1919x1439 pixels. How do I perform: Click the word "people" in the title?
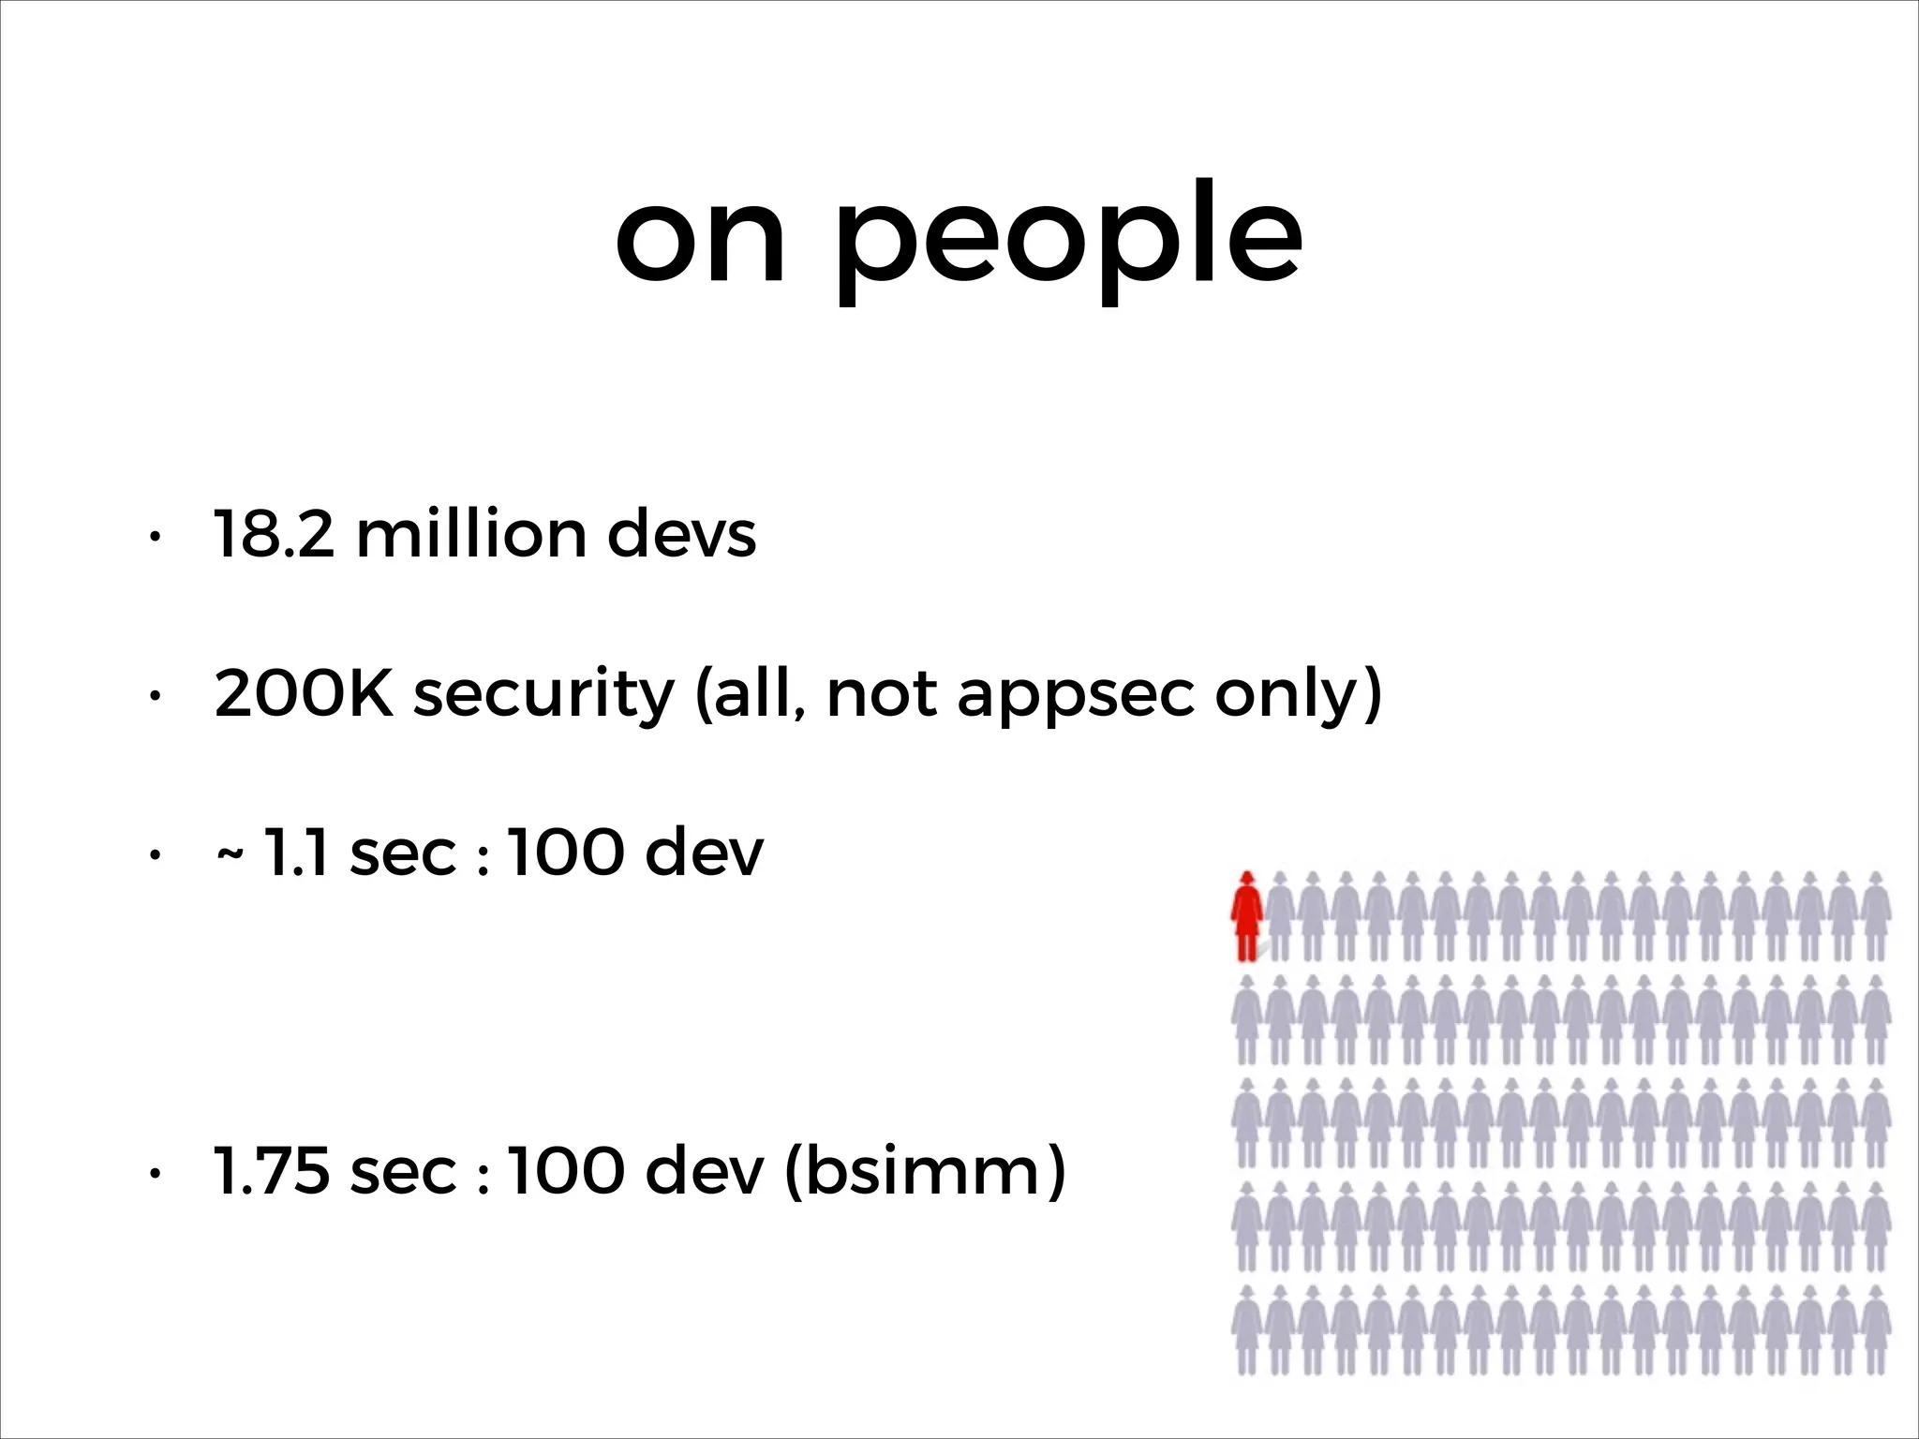coord(1069,240)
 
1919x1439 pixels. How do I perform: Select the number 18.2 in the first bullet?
coord(274,535)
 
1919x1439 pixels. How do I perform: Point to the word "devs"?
coord(681,535)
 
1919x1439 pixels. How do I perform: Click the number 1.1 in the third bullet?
coord(294,853)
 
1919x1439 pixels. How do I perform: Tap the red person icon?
coord(1246,916)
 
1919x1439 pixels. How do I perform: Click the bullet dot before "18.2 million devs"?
coord(155,537)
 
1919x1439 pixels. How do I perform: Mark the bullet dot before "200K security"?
coord(155,696)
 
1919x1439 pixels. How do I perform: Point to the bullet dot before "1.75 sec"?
coord(155,1174)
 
